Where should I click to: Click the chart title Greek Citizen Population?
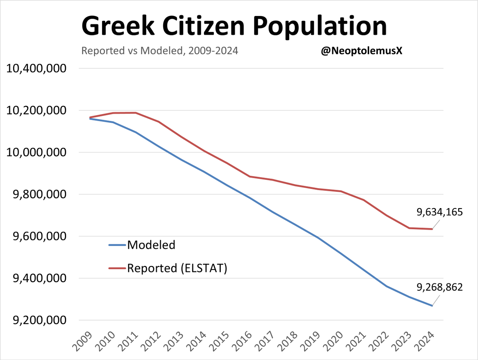click(x=234, y=27)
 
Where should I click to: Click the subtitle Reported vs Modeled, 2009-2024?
click(x=160, y=51)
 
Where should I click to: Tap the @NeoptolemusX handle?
click(x=362, y=51)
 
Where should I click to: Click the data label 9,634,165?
click(x=440, y=212)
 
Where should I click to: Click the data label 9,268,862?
click(x=440, y=287)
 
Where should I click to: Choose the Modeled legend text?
click(x=151, y=245)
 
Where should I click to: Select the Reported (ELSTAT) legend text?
click(x=177, y=268)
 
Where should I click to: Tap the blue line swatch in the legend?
click(x=117, y=245)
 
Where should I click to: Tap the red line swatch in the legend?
click(x=117, y=268)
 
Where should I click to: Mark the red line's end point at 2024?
click(x=433, y=229)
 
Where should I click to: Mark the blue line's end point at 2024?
click(x=433, y=306)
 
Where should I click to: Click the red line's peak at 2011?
click(x=136, y=112)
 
